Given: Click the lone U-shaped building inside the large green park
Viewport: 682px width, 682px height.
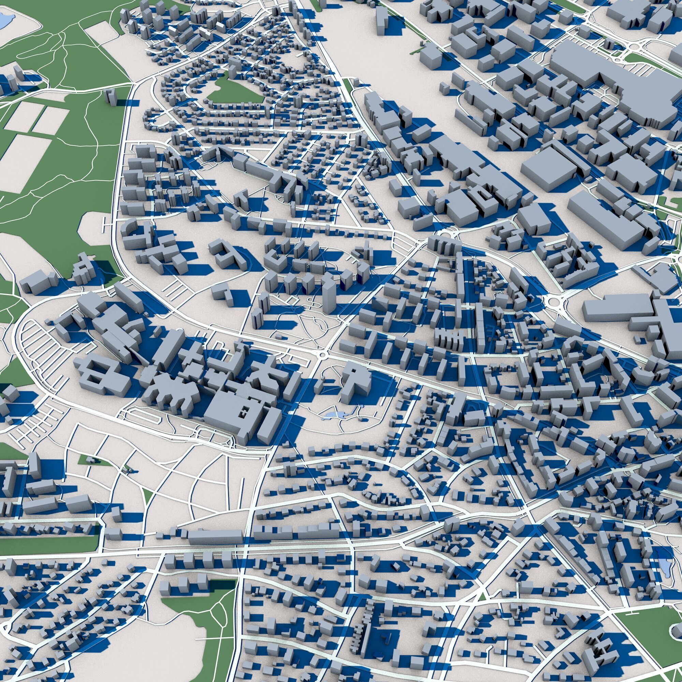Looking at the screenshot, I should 112,96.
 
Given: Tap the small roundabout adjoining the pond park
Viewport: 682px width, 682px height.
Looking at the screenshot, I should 322,354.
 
